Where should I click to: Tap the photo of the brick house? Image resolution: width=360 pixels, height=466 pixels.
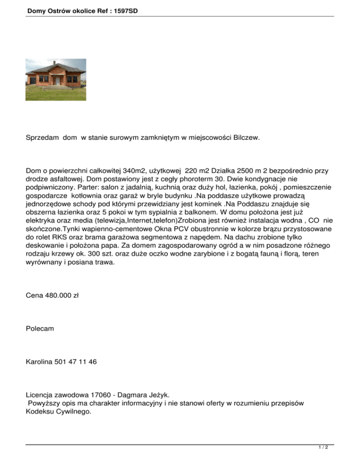click(x=55, y=80)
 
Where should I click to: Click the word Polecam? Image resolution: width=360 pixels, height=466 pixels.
click(x=40, y=329)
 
